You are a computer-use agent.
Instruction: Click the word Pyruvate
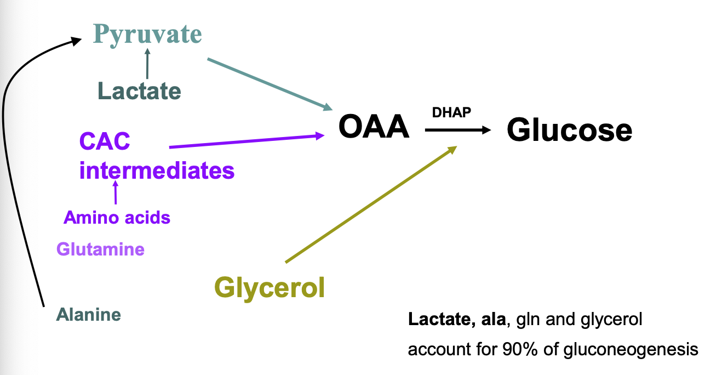pos(147,33)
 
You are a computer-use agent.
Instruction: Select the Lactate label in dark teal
pos(139,90)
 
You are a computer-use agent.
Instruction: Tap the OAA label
pos(374,127)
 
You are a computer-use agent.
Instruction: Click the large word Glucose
pos(569,130)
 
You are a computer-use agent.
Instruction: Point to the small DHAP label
pos(451,112)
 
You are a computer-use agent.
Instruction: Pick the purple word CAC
pos(105,141)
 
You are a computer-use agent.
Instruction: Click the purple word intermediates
pos(157,170)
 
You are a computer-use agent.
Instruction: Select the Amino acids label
pos(117,218)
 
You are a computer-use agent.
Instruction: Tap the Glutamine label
pos(100,249)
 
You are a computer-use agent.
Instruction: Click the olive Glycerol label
pos(270,287)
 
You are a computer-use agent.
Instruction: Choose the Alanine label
pos(88,315)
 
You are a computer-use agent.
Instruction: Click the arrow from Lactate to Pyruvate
pos(147,64)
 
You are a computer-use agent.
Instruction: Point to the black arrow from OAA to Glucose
pos(457,130)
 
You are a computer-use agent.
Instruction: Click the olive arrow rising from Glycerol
pos(370,204)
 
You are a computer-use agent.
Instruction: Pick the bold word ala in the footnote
pos(493,319)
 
